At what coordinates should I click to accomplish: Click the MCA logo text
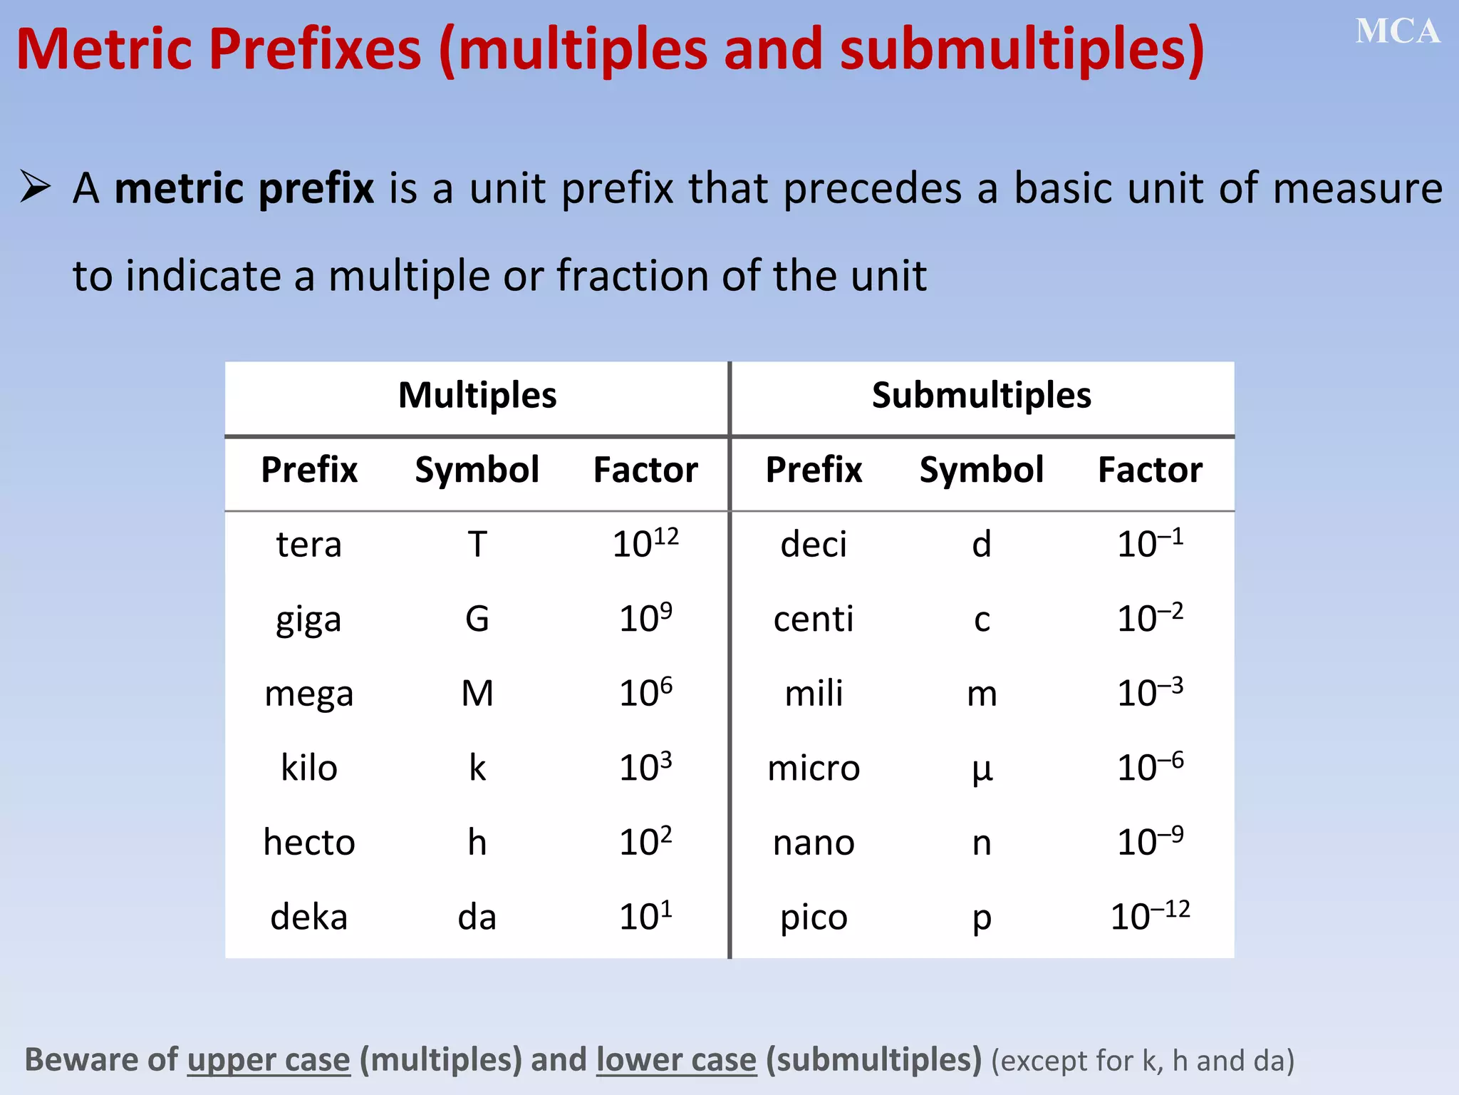tap(1397, 32)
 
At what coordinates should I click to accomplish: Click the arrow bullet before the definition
tap(35, 187)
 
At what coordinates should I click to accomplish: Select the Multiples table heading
tap(477, 396)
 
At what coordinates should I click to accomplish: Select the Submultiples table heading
tap(981, 396)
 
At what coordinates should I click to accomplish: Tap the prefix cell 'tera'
tap(308, 545)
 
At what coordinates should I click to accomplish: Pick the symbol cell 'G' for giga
tap(477, 619)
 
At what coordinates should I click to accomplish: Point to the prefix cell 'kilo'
tap(308, 768)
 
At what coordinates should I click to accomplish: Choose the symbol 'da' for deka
tap(477, 917)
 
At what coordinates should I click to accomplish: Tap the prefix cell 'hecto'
tap(308, 843)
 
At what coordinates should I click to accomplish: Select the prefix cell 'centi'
tap(814, 619)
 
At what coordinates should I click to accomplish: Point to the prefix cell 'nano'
tap(814, 843)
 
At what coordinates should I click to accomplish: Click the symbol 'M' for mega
tap(477, 694)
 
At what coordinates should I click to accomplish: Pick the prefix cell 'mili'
tap(814, 694)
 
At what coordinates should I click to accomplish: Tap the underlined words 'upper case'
tap(269, 1060)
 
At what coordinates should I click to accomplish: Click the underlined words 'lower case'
tap(676, 1060)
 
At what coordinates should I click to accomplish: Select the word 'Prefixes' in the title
tap(315, 50)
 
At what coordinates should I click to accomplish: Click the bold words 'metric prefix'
tap(244, 188)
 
